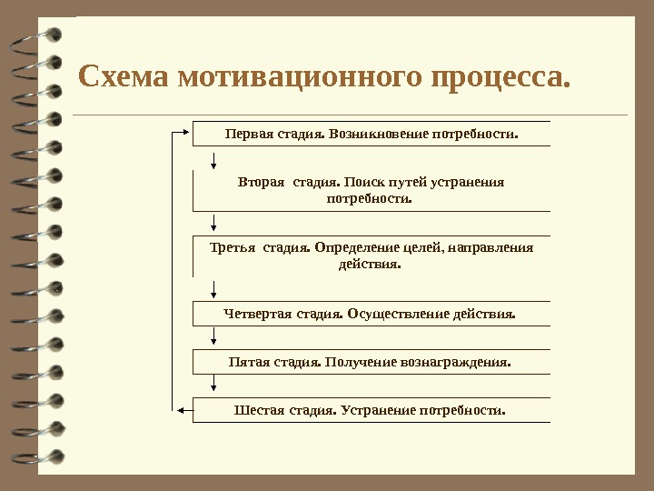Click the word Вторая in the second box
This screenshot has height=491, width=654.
coord(261,182)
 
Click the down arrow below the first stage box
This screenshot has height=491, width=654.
coord(213,161)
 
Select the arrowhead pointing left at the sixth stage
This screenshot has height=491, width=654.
coord(181,410)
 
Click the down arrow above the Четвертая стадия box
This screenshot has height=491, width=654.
coord(213,290)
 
